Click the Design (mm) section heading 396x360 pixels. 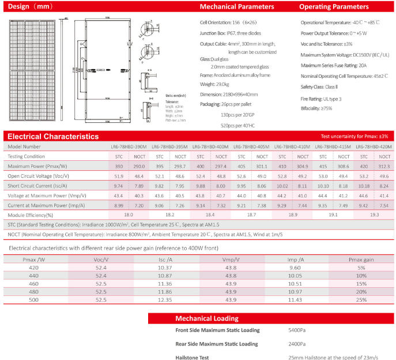(x=28, y=7)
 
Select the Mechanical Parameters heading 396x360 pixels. (x=237, y=7)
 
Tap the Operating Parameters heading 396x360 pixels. (x=334, y=7)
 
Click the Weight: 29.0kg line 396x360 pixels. (x=215, y=84)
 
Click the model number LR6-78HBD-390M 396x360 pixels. (x=129, y=147)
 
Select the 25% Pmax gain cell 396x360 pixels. (x=361, y=300)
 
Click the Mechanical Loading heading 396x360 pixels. (x=206, y=318)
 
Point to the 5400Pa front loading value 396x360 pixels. (x=297, y=331)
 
